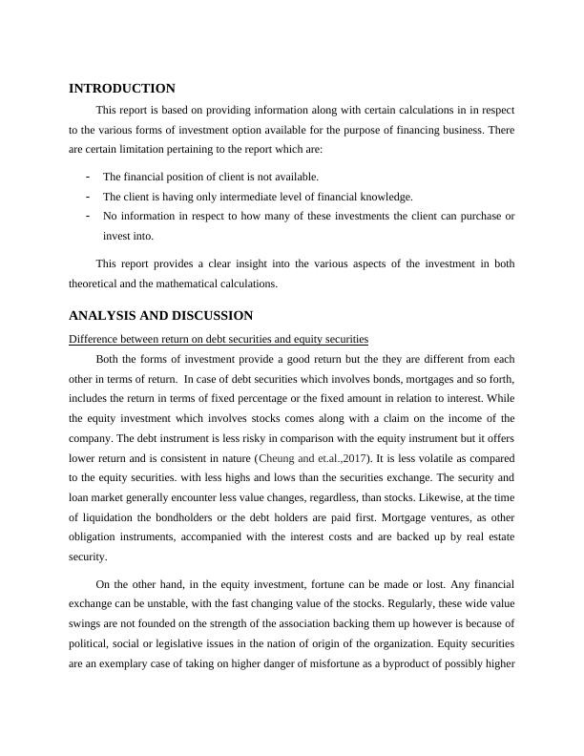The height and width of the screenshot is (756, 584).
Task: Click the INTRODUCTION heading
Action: [x=122, y=89]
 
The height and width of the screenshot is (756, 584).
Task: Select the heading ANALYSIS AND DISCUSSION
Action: [x=160, y=315]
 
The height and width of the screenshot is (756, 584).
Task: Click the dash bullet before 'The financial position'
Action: [x=89, y=177]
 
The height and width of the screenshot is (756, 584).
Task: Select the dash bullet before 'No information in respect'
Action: [x=89, y=216]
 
